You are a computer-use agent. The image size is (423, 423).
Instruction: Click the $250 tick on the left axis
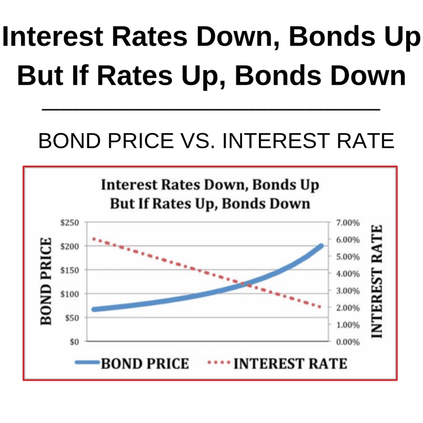71,223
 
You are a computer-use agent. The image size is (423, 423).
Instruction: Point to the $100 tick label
71,294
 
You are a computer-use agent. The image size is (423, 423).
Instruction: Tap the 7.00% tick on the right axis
348,223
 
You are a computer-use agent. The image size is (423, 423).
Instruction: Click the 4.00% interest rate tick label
348,274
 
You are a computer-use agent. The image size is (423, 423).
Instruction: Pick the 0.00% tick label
348,341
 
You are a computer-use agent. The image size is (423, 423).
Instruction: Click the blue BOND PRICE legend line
87,363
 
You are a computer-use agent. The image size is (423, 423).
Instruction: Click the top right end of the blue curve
321,246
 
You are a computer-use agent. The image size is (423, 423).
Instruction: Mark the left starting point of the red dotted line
94,239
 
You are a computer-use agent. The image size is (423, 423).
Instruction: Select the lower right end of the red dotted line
320,307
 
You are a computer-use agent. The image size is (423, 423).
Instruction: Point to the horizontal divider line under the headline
211,109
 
